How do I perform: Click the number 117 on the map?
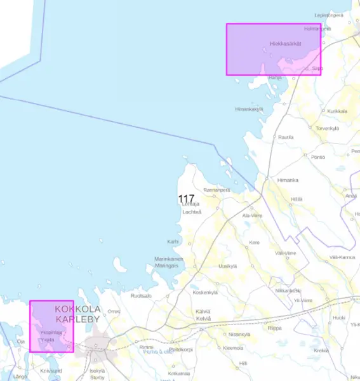[x=186, y=199]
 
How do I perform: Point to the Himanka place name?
[x=288, y=180]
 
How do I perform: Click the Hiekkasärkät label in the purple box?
[x=285, y=44]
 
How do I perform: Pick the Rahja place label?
[x=275, y=77]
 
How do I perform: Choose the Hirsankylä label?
[x=249, y=109]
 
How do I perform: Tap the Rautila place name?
[x=286, y=137]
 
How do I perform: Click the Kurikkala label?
[x=337, y=110]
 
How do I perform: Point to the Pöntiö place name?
[x=319, y=156]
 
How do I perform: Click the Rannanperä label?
[x=216, y=189]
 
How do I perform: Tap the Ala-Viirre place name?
[x=252, y=215]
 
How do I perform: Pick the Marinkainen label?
[x=169, y=259]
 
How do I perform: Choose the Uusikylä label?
[x=227, y=265]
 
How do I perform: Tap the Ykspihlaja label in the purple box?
[x=50, y=332]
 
